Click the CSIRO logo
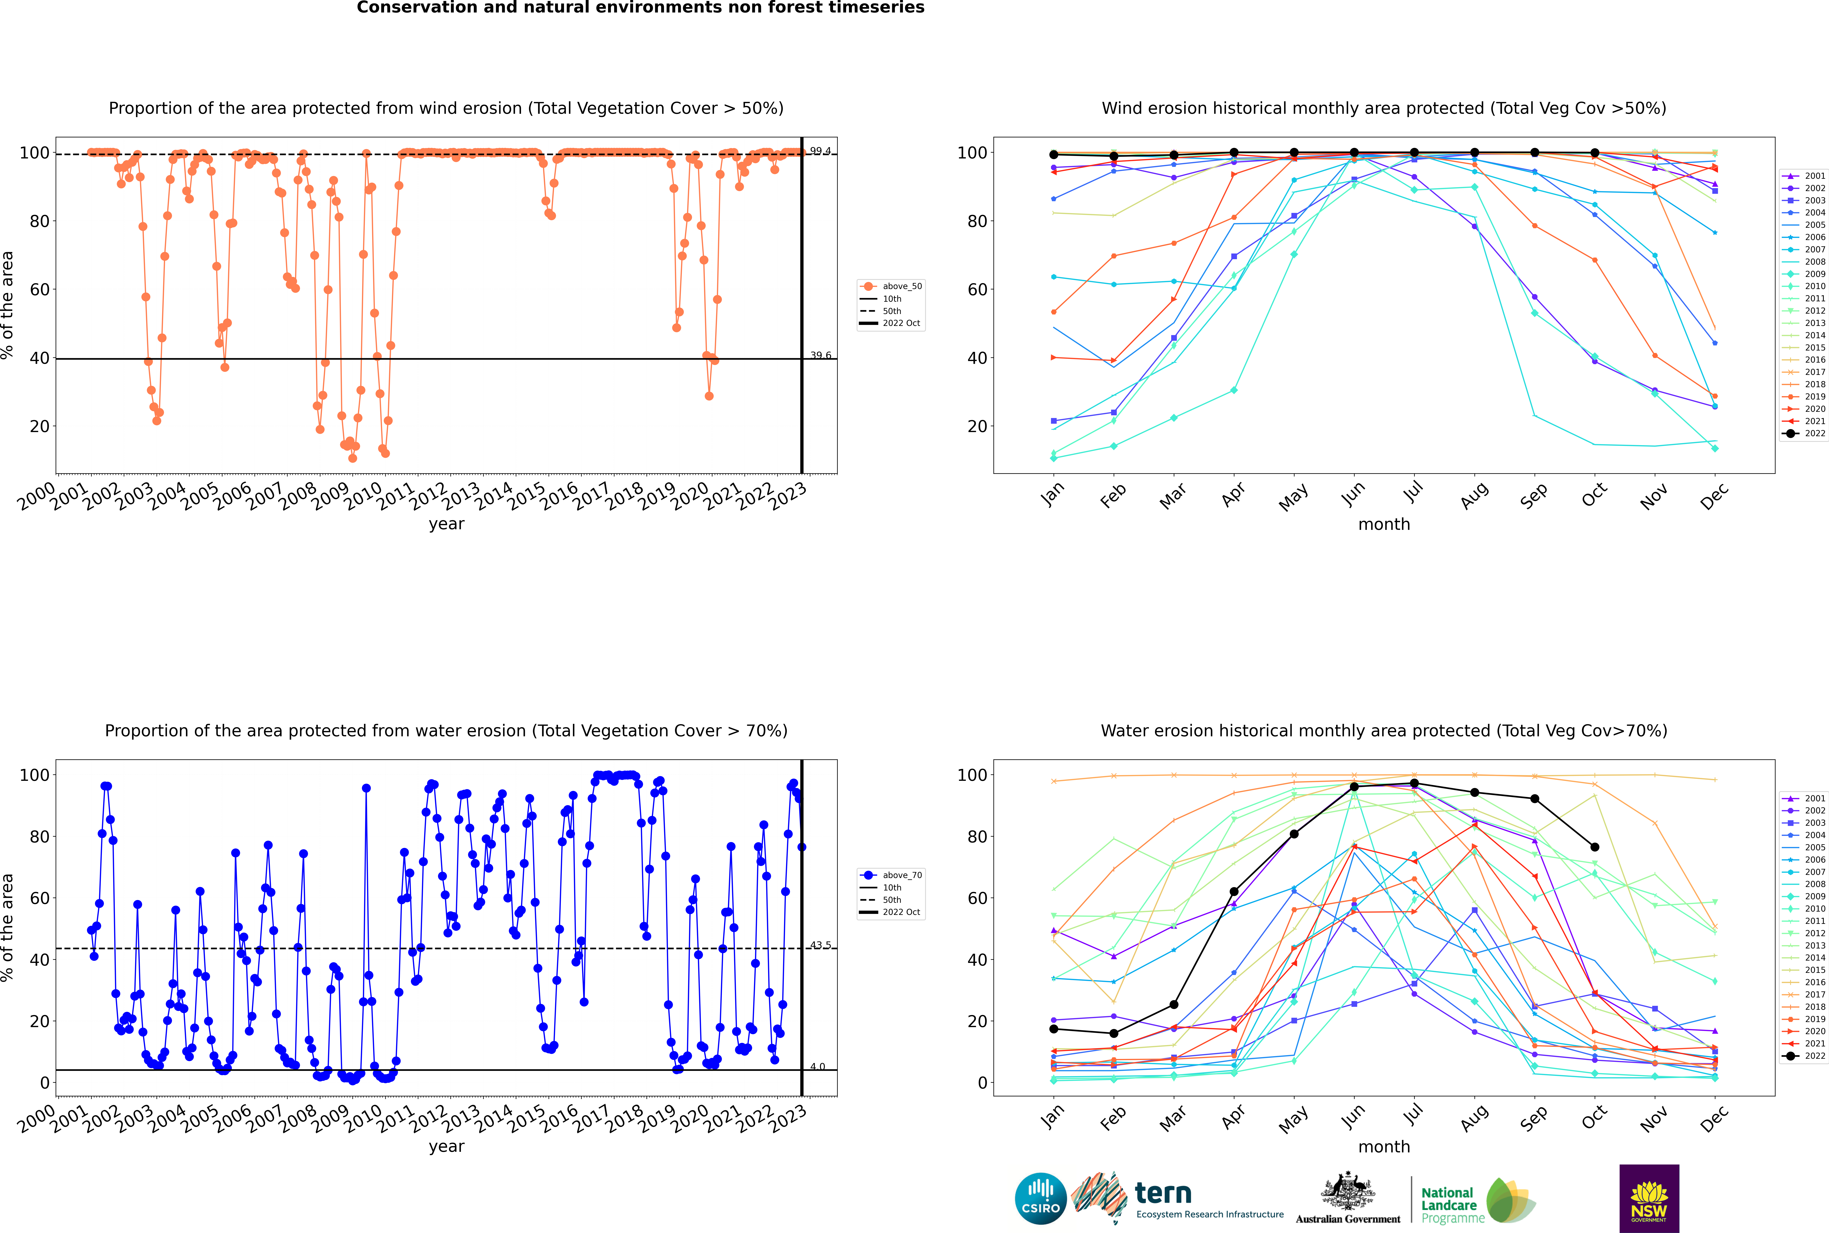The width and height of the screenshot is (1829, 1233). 1040,1198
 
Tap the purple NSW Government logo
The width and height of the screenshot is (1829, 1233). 1649,1198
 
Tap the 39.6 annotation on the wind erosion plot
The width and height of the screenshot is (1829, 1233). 820,355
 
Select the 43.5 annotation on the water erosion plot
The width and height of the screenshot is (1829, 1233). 820,945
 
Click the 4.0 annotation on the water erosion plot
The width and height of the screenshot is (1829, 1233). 818,1067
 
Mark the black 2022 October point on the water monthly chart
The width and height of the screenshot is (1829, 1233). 1595,847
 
